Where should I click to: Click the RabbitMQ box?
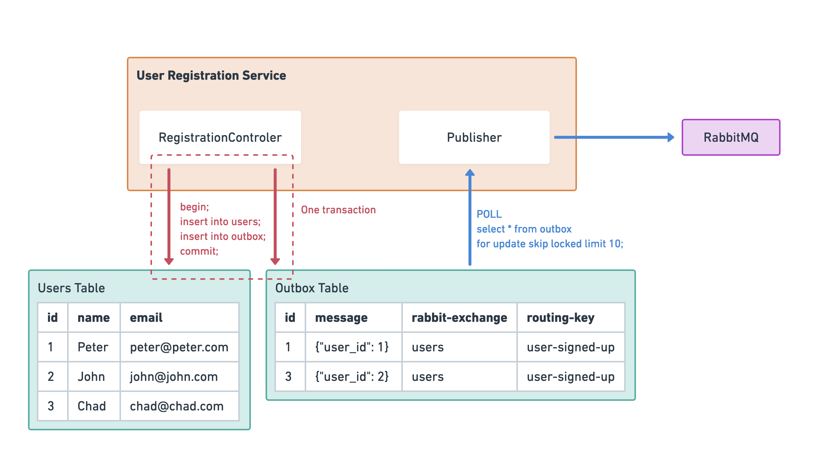[x=730, y=137]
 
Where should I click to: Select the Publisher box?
[x=474, y=137]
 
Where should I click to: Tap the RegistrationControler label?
[x=220, y=137]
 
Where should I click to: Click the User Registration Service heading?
[x=211, y=75]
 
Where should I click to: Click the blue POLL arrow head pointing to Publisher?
[x=470, y=173]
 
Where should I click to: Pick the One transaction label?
[x=338, y=210]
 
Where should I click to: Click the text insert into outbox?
[x=223, y=236]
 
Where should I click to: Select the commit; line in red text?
[x=199, y=251]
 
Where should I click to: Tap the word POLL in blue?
[x=489, y=214]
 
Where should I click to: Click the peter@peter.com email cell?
[x=179, y=347]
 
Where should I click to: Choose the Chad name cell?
[x=91, y=406]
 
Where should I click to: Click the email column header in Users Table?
[x=146, y=317]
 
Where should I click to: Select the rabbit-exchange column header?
[x=459, y=317]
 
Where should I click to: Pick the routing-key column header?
[x=560, y=317]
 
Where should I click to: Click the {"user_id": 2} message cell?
[x=352, y=376]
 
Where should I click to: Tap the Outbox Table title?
[x=312, y=288]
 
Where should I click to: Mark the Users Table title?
[x=71, y=288]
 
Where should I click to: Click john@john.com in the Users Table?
[x=174, y=376]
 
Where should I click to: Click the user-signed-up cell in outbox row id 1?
[x=570, y=347]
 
